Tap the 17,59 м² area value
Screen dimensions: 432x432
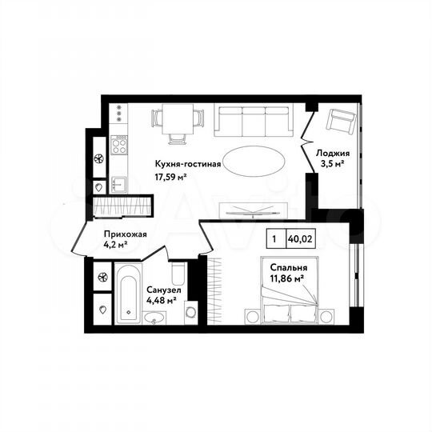[x=171, y=177]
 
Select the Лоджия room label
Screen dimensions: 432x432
[x=331, y=154]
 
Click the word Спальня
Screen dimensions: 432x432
[x=286, y=267]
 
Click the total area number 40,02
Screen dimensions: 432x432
[x=300, y=238]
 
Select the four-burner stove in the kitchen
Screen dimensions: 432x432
[x=120, y=145]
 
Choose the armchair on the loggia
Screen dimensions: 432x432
[x=342, y=122]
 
